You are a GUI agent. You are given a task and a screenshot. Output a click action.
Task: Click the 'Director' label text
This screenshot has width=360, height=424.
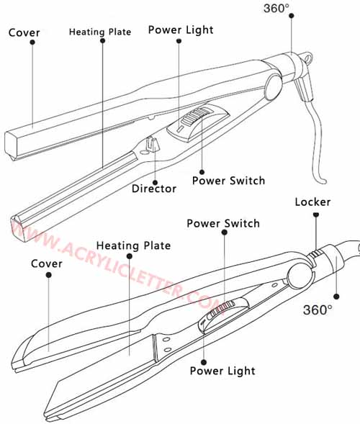[154, 189]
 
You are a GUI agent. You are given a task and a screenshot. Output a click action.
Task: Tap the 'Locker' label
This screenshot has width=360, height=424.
[312, 202]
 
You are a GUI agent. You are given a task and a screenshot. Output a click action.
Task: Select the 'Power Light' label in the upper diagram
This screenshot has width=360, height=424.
[181, 30]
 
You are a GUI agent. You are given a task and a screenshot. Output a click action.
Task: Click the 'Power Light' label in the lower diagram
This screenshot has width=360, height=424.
[222, 371]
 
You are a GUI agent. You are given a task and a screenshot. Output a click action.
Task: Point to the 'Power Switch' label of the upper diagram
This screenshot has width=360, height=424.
[228, 181]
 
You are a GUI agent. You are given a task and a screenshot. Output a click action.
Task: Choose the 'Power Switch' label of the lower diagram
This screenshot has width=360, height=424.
[223, 223]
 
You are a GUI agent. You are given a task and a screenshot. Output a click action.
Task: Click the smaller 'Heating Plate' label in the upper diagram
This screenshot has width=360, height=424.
[100, 32]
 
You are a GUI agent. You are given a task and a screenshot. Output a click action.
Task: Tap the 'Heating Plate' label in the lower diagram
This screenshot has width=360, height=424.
[134, 245]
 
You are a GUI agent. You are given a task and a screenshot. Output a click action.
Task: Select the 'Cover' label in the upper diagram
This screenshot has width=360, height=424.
[24, 32]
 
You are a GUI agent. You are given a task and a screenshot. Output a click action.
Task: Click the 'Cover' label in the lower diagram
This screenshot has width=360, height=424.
[47, 263]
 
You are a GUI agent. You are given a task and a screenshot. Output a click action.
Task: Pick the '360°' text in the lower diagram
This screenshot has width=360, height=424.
[318, 310]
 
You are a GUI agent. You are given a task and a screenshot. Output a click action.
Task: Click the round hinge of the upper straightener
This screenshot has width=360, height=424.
[273, 88]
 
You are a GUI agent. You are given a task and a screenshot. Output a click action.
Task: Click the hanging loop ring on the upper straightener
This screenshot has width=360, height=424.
[307, 58]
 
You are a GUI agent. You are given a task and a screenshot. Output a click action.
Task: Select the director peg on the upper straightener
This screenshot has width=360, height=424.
[151, 145]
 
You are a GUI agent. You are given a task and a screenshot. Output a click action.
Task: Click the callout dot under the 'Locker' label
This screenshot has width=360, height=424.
[315, 215]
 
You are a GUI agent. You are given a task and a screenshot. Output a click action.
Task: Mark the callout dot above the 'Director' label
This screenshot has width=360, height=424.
[155, 183]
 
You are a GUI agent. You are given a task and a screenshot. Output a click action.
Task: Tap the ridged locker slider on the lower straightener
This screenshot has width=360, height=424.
[315, 254]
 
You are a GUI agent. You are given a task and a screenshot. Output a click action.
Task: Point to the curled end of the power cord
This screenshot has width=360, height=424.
[322, 181]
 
